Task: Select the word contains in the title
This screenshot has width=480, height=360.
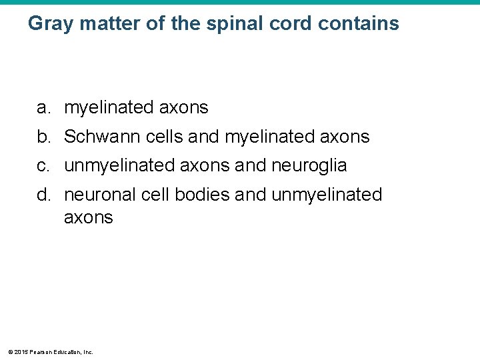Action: [359, 24]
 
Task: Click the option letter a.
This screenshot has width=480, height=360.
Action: [43, 107]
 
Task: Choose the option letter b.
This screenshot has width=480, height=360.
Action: [43, 137]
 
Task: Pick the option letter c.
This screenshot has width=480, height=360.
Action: [43, 166]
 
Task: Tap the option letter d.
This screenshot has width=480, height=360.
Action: [43, 195]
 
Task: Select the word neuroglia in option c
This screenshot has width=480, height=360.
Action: [309, 166]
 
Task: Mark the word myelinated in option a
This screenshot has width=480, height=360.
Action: [109, 107]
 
